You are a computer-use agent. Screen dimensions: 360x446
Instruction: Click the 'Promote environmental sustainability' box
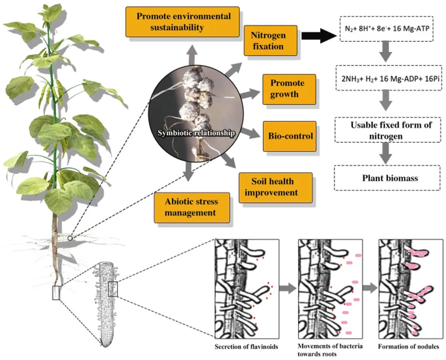tap(183, 22)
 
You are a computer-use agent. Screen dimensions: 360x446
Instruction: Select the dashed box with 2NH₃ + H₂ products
tap(386, 77)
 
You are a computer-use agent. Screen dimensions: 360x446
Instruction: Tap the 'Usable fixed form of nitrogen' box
tap(386, 130)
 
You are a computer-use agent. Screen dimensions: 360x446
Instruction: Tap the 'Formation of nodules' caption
tap(408, 347)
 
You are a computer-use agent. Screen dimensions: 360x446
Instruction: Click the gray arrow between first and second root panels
tap(285, 288)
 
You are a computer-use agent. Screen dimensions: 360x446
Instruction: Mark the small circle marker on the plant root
tap(71, 238)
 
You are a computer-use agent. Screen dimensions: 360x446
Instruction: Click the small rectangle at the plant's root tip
tap(56, 293)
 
